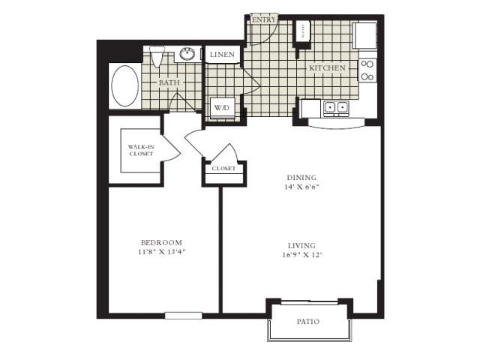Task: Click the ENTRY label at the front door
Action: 264,19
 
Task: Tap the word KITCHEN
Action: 327,68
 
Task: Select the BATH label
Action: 169,82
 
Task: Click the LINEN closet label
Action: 223,55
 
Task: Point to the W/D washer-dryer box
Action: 222,108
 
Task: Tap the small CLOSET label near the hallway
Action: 223,169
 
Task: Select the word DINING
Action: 301,178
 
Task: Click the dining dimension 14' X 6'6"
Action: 301,187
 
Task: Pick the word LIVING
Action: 301,245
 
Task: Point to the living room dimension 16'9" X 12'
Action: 301,255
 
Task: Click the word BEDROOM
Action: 162,242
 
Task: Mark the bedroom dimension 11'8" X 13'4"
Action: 162,252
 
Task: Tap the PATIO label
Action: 307,321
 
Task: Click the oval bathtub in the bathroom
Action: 125,85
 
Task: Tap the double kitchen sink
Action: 335,108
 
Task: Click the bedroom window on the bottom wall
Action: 184,316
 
